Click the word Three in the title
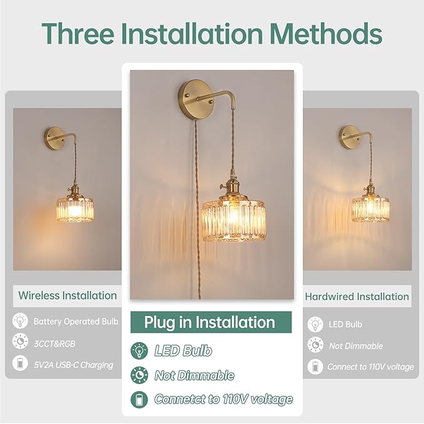pos(78,33)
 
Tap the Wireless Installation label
pos(67,295)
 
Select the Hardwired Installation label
pos(357,297)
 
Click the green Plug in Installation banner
pos(211,322)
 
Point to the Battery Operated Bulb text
pos(76,322)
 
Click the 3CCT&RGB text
pos(54,343)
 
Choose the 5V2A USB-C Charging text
pos(74,365)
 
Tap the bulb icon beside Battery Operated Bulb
pos(20,321)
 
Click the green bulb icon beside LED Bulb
pos(139,351)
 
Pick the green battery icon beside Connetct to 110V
pos(139,400)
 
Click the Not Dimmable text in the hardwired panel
pos(356,346)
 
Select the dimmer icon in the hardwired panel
pos(315,345)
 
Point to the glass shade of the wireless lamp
pos(75,210)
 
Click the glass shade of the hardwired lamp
pos(370,210)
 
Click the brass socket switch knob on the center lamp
pos(222,186)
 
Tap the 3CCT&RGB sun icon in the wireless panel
pos(20,341)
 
